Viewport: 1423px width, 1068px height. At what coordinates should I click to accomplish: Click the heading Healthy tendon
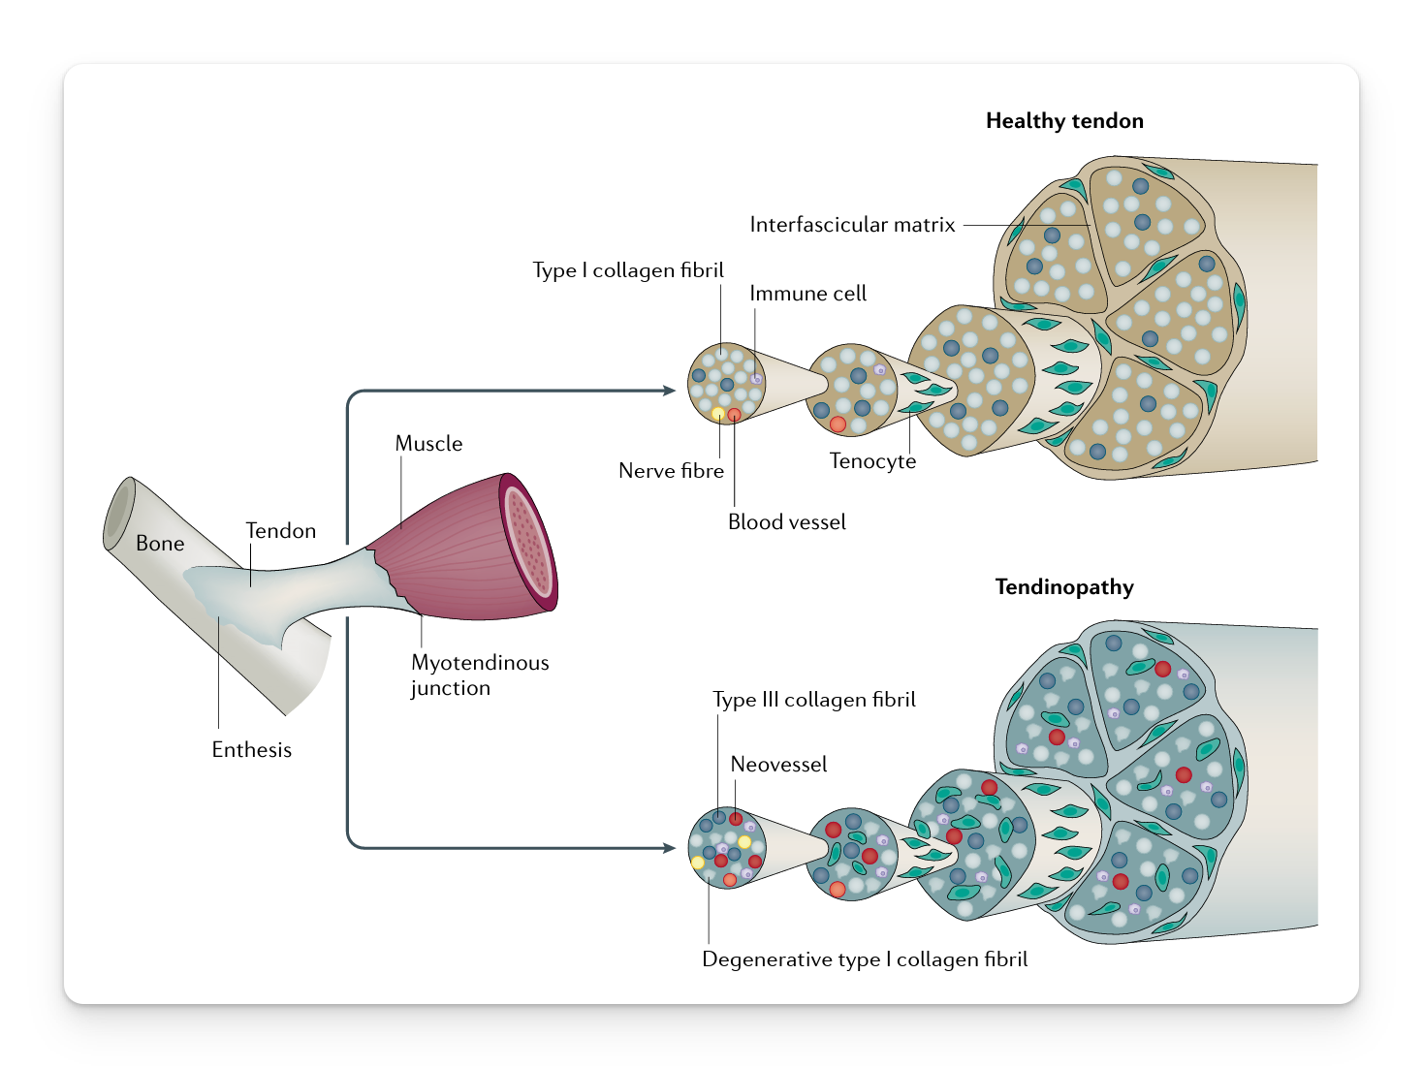pos(1064,121)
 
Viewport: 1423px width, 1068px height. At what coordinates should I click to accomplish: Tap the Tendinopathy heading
pos(1064,587)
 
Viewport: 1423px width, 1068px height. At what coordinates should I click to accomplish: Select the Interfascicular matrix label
pos(852,225)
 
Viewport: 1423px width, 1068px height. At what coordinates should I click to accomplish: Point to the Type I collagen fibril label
pos(628,270)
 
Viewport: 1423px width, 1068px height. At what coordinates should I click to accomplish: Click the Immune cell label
pos(807,294)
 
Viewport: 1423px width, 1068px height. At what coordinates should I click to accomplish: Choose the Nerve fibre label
pos(671,471)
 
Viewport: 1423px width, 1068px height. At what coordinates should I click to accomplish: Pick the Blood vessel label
pos(786,522)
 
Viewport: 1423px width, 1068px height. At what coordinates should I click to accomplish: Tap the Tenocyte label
pos(872,461)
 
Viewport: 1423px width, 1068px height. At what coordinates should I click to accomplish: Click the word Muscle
pos(428,444)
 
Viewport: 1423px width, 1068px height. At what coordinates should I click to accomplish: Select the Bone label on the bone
pos(160,544)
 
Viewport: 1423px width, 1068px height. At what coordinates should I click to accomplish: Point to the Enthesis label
pos(251,750)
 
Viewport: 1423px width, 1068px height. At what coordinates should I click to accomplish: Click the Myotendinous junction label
pos(480,675)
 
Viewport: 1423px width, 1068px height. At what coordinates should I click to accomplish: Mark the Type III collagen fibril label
pos(813,700)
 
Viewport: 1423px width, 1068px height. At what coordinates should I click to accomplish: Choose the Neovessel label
pos(778,765)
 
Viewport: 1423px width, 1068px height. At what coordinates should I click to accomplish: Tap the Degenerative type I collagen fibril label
pos(865,959)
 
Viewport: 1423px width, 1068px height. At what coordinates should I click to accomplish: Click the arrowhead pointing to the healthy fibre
pos(670,391)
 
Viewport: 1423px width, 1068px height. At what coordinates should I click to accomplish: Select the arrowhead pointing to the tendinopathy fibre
pos(670,848)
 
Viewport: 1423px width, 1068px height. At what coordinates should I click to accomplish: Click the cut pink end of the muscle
pos(529,541)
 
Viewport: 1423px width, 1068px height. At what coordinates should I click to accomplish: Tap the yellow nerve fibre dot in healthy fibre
pos(718,414)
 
